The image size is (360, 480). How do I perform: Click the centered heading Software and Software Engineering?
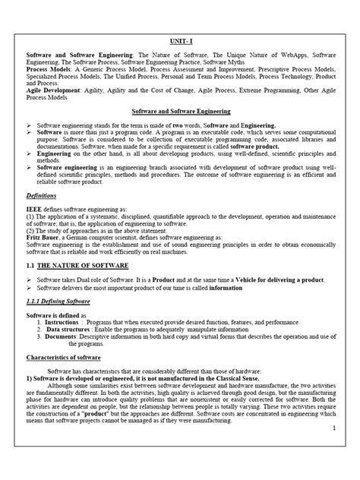click(181, 109)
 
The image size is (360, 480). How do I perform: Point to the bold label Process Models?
click(48, 77)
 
